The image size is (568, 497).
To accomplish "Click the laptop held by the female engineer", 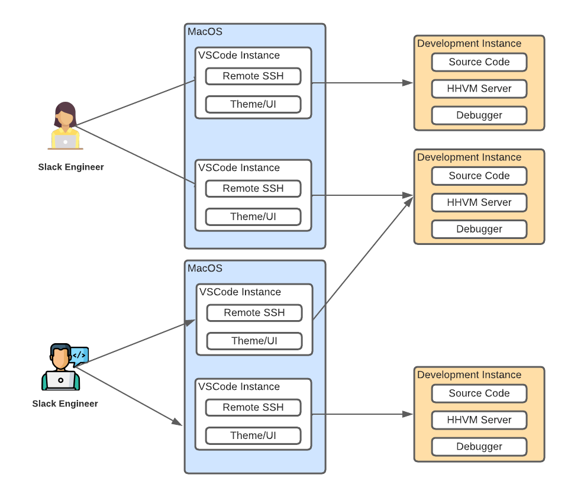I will tap(65, 141).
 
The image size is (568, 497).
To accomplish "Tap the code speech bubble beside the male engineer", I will tap(79, 355).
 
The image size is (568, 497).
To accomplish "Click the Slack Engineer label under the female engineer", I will tap(71, 167).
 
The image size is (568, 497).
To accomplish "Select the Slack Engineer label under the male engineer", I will tap(65, 404).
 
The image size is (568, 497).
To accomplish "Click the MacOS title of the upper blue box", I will tap(205, 31).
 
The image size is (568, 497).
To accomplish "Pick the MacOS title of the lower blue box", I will tap(205, 268).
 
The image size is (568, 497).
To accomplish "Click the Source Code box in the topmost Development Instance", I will tap(479, 62).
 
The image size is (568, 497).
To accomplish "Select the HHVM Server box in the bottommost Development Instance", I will tap(479, 419).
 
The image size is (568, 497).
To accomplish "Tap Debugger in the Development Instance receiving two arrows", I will tap(479, 229).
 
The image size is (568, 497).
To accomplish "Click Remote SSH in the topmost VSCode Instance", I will tap(253, 76).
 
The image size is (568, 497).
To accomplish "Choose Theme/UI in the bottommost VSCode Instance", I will tap(253, 435).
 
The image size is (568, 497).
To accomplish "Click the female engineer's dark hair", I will tap(65, 109).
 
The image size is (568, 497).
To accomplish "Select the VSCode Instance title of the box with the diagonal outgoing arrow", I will tap(240, 292).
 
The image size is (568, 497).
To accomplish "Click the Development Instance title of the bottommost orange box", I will tap(469, 375).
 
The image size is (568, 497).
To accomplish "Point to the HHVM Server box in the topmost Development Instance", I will tap(479, 88).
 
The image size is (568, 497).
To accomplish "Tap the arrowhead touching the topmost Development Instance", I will tap(408, 83).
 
